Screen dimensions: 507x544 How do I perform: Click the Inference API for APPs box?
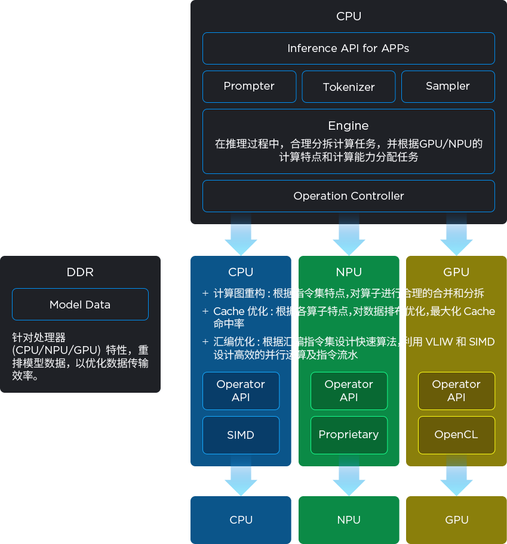[x=348, y=48]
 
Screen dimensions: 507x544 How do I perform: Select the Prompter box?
[x=249, y=87]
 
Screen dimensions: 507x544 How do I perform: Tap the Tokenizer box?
[x=349, y=87]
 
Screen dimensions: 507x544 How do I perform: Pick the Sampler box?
[x=448, y=87]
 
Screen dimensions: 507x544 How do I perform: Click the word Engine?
[x=348, y=126]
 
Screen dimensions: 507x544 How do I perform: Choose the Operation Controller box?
[x=348, y=196]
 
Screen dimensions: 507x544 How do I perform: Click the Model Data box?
[x=80, y=304]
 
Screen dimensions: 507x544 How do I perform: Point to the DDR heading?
[x=80, y=272]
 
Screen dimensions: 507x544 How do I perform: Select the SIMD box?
[x=241, y=435]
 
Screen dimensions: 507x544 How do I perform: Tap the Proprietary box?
[x=349, y=435]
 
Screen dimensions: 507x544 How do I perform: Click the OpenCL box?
[x=456, y=435]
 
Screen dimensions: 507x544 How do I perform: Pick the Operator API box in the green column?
[x=349, y=391]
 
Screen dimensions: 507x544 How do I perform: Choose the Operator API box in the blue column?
[x=241, y=391]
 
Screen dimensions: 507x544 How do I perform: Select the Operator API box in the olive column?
[x=456, y=391]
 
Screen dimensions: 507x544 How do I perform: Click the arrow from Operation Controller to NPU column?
[x=349, y=234]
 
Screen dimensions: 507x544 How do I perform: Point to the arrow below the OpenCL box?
[x=456, y=476]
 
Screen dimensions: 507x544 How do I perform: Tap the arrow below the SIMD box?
[x=241, y=476]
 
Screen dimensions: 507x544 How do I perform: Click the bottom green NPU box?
[x=349, y=519]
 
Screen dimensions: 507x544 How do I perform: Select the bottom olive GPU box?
[x=456, y=519]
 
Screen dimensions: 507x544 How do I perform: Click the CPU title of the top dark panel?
[x=349, y=16]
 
